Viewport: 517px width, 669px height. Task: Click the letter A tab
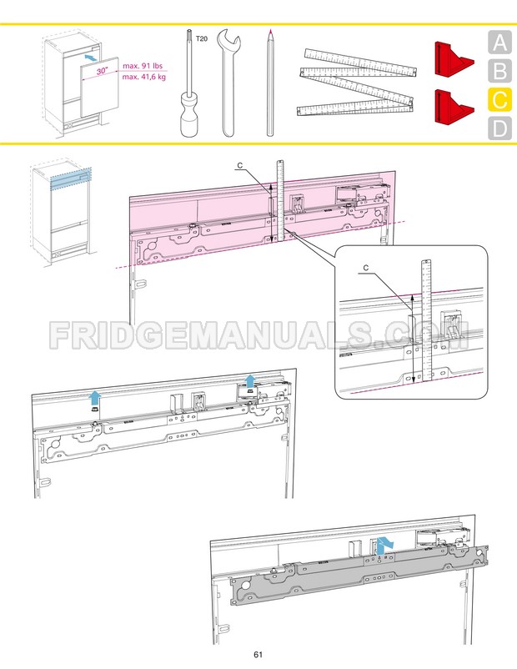[x=498, y=43]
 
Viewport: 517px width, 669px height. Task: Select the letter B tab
[x=498, y=72]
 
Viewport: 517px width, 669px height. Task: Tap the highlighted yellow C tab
[x=498, y=101]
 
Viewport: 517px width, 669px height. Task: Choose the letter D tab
[x=498, y=129]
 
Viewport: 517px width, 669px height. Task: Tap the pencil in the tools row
[x=270, y=83]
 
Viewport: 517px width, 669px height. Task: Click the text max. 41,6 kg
[x=143, y=78]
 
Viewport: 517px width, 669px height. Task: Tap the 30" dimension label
[x=102, y=73]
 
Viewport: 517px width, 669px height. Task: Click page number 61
[x=258, y=654]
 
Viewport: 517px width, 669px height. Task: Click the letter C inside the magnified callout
[x=367, y=268]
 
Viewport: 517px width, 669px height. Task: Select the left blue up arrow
[x=96, y=397]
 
